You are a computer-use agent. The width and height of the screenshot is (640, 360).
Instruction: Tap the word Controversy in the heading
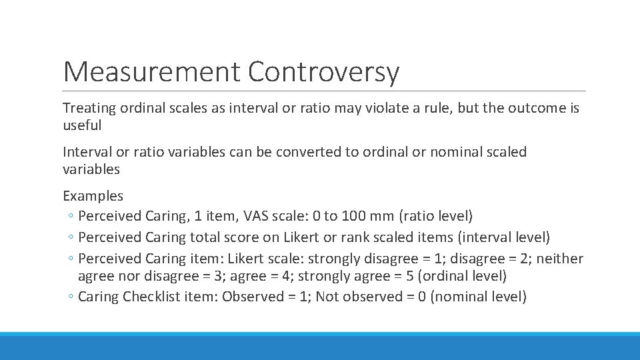tap(324, 72)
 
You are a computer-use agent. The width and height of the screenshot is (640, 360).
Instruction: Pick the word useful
tap(82, 125)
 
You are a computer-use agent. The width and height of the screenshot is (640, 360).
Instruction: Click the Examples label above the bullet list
tap(93, 196)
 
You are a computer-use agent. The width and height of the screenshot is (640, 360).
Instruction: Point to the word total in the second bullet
tap(207, 237)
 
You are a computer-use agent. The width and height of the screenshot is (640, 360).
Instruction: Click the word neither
tap(561, 259)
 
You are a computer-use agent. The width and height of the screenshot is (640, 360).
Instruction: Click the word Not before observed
tap(326, 297)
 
